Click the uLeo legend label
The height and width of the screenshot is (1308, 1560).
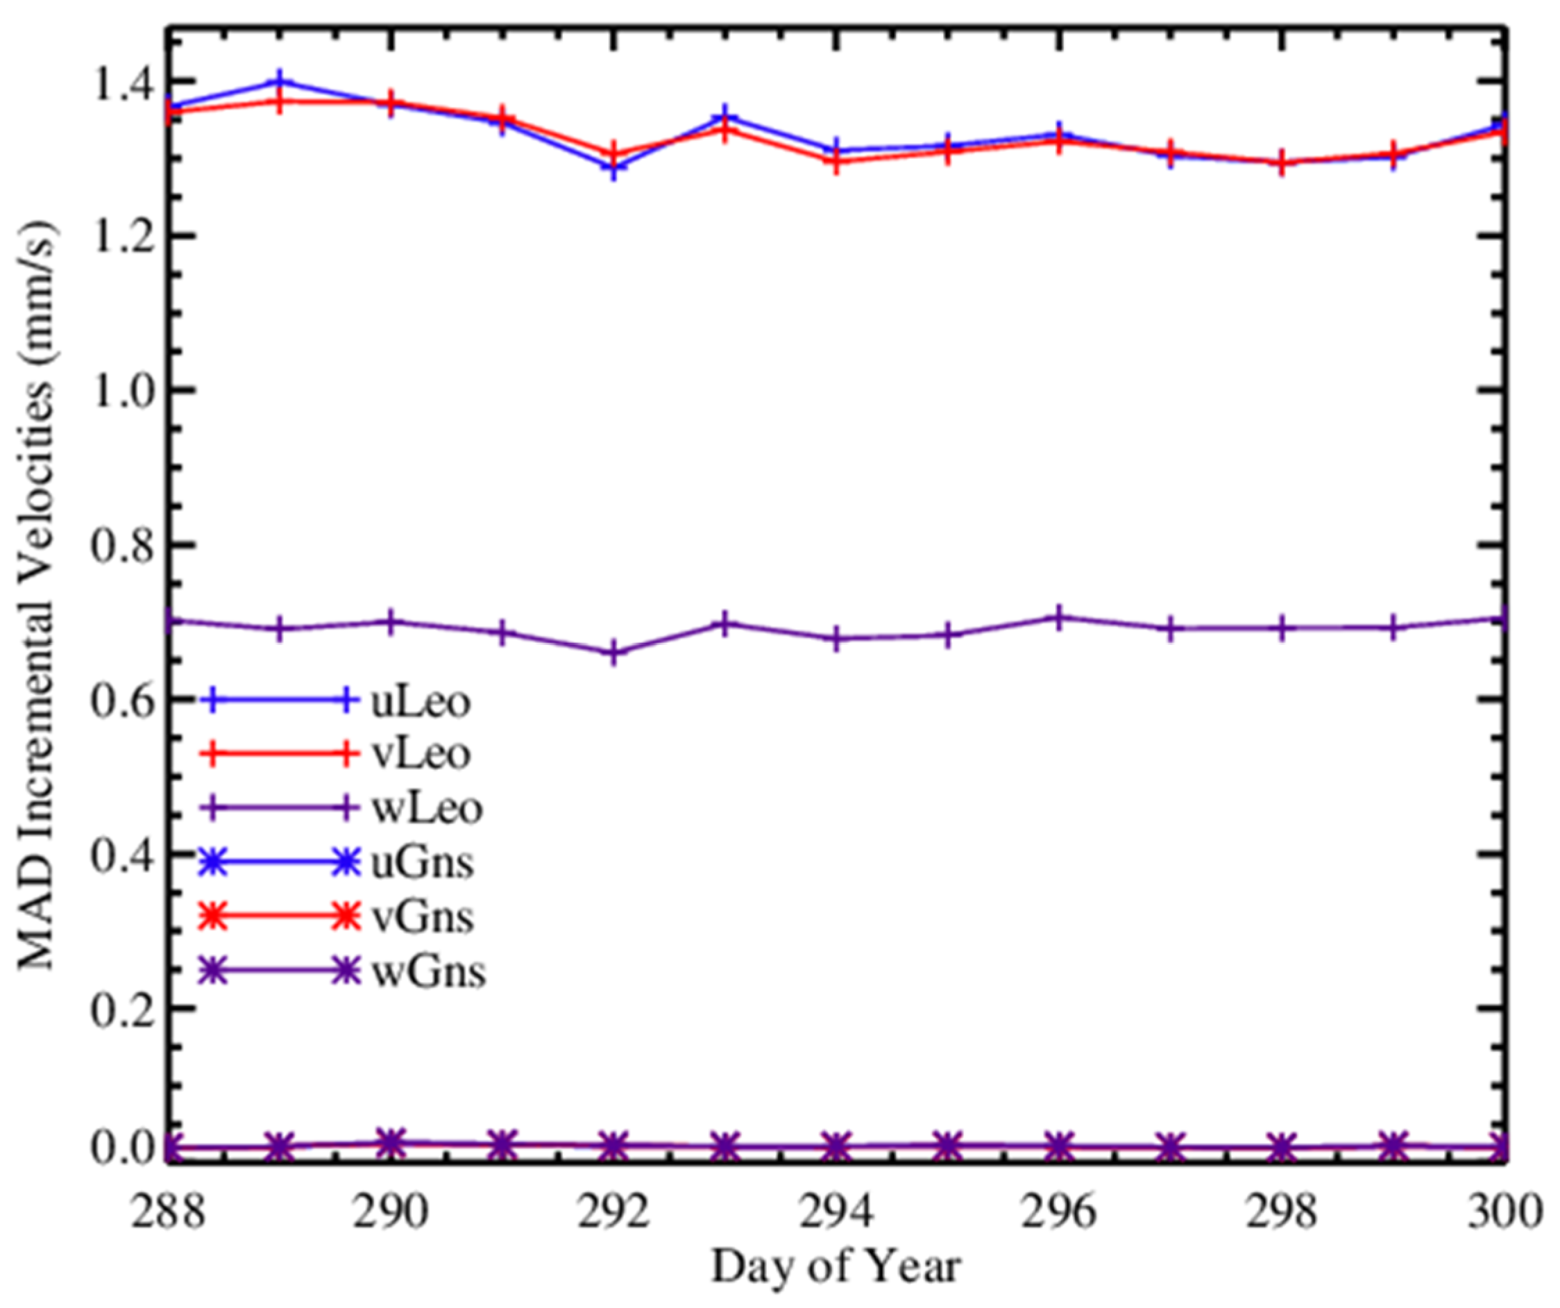[x=421, y=703]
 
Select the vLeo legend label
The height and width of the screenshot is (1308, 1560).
[x=421, y=755]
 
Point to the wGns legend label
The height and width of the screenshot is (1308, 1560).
[x=428, y=971]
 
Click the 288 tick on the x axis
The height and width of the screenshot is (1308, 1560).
[x=168, y=1213]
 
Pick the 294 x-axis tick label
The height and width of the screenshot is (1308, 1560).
[x=836, y=1213]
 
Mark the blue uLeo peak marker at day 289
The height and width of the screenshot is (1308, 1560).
[x=279, y=81]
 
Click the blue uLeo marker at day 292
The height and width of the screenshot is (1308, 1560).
[x=613, y=167]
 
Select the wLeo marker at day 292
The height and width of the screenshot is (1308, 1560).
[x=613, y=653]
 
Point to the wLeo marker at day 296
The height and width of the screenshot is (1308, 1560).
[x=1059, y=618]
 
